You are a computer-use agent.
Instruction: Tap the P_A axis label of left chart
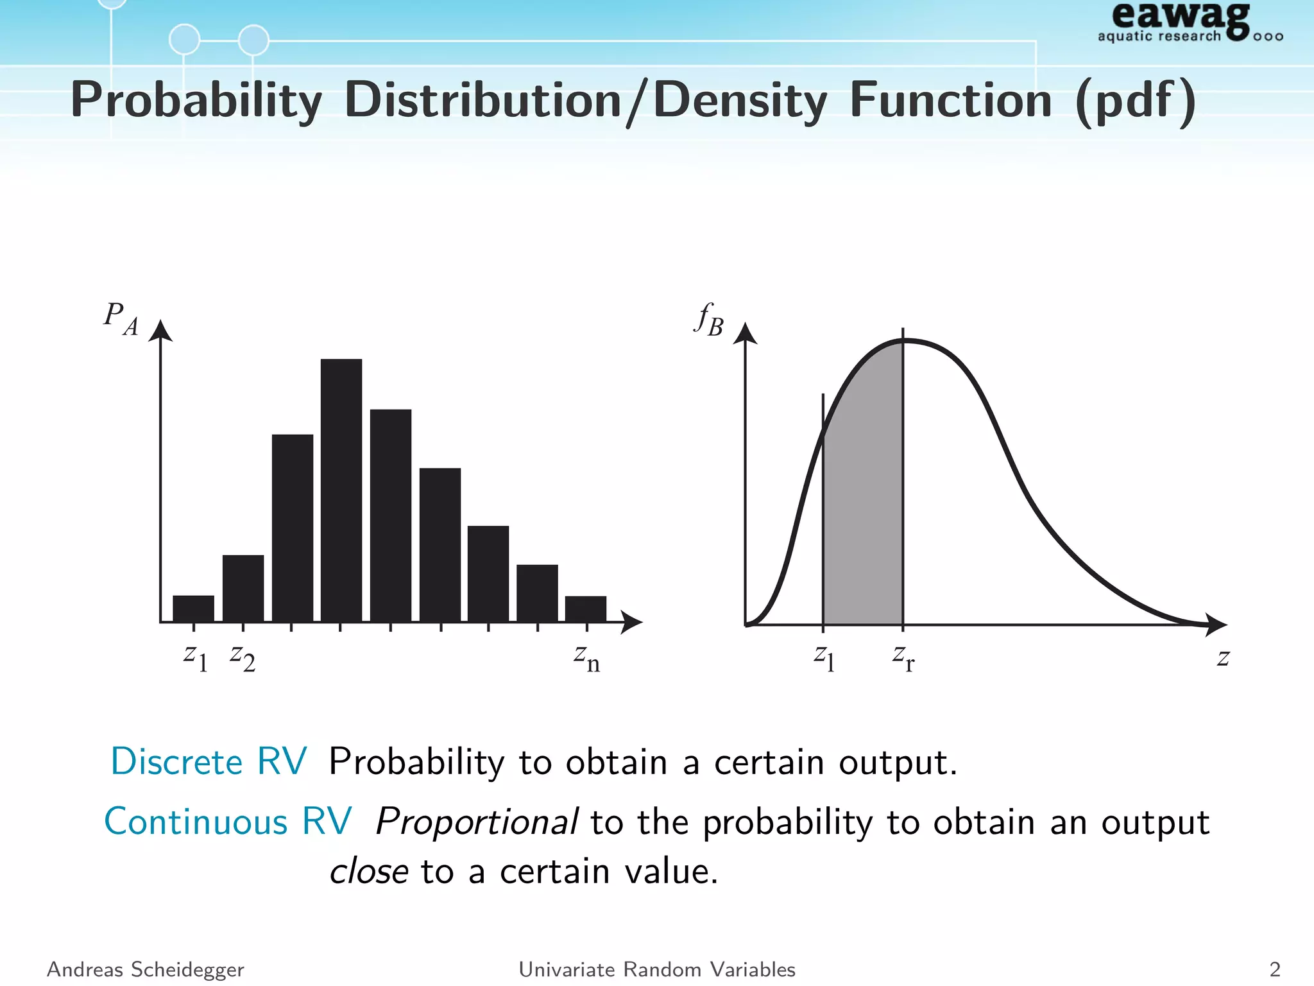pos(121,319)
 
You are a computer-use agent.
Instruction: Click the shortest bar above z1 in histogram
pos(193,609)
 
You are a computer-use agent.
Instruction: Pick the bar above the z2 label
pos(243,588)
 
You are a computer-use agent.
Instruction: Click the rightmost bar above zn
pos(585,609)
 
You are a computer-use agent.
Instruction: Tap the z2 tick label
pos(243,659)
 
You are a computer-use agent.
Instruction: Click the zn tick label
pos(586,659)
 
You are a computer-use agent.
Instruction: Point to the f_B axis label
pos(709,319)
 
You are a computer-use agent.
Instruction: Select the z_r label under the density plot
pos(903,659)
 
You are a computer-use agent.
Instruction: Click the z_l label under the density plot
pos(824,659)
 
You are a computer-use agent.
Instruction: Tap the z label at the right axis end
pos(1223,658)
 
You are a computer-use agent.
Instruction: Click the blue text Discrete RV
pos(209,762)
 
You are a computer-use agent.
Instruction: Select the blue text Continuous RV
pos(228,822)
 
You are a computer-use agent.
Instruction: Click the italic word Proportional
pos(476,822)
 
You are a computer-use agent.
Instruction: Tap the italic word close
pos(368,872)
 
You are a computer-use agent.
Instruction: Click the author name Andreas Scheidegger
pos(146,969)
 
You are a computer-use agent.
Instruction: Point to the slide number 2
pos(1274,969)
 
